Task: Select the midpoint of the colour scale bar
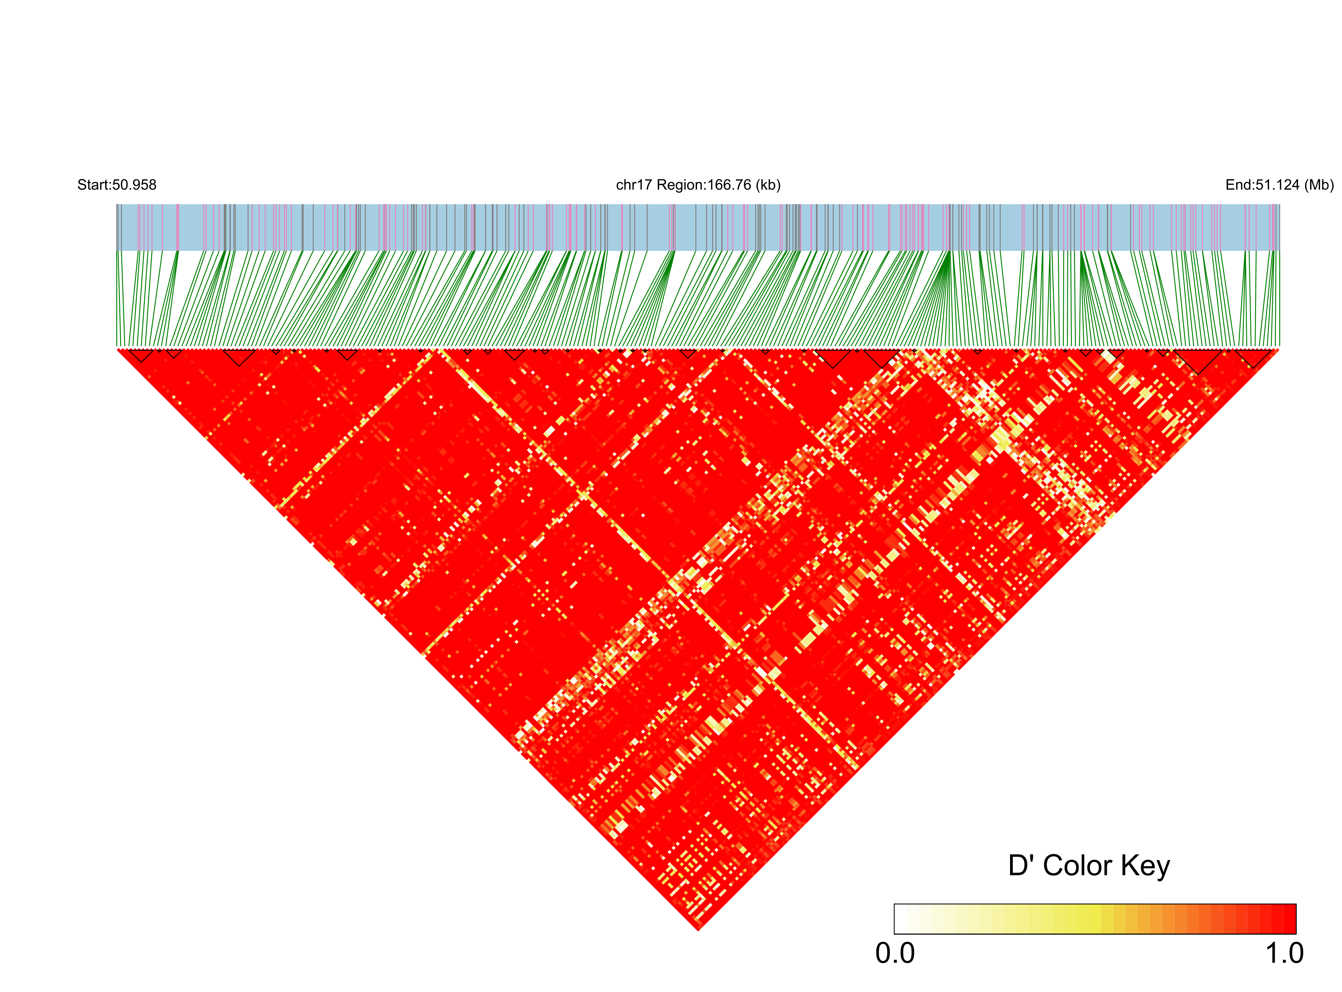point(1095,919)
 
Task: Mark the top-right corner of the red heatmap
point(1278,349)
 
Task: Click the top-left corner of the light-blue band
point(117,205)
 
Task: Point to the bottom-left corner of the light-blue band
point(117,250)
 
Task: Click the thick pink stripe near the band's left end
point(178,227)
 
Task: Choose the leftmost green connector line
point(119,300)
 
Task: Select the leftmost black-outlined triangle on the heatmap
point(141,354)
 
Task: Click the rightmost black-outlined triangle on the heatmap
point(1252,357)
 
